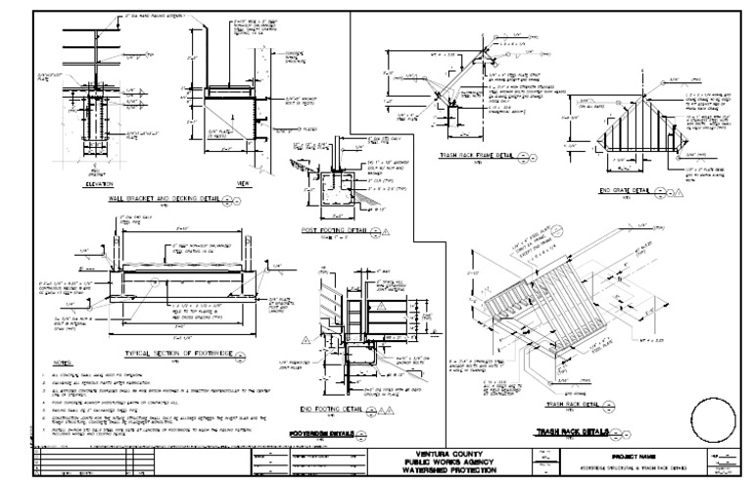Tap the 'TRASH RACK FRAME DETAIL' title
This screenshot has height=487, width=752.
click(474, 155)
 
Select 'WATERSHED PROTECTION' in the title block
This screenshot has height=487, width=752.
click(446, 468)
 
